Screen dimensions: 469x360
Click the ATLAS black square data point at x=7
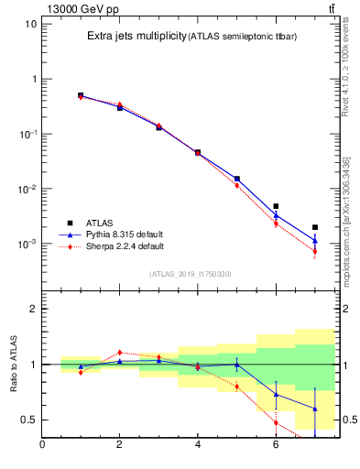point(314,227)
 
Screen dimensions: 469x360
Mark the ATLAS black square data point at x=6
point(276,206)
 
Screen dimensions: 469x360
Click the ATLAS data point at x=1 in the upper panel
point(81,95)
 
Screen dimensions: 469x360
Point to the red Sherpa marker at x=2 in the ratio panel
point(119,352)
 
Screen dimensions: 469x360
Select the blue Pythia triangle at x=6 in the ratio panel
point(276,394)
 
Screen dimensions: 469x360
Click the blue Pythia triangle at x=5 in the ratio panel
point(236,365)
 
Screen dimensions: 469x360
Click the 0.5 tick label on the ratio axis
point(28,420)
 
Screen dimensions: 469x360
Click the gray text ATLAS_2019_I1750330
point(191,274)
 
